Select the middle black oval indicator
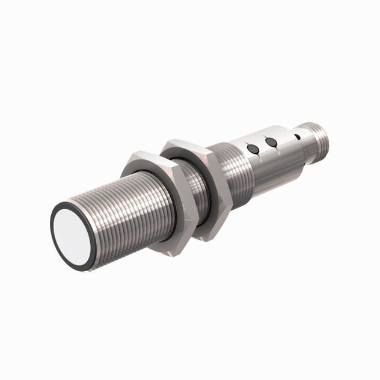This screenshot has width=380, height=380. point(272,142)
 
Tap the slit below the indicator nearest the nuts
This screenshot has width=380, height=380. point(257,155)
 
